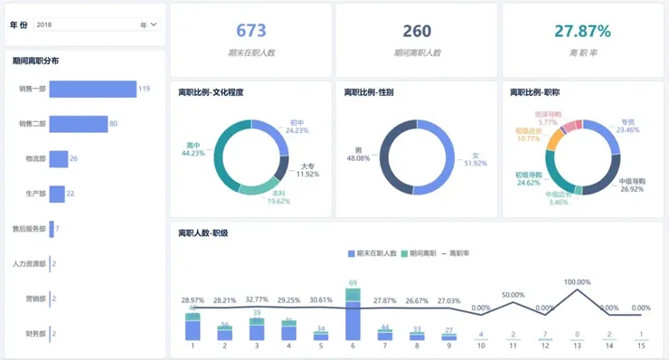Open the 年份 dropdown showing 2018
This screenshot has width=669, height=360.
click(x=97, y=24)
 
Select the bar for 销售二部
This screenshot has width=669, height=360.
click(x=78, y=123)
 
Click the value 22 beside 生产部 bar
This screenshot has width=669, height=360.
click(x=71, y=194)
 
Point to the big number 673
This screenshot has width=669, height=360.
click(x=250, y=31)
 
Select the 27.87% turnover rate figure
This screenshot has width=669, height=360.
click(x=582, y=31)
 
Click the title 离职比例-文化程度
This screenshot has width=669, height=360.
click(x=211, y=92)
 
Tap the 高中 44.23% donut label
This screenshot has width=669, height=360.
click(x=193, y=148)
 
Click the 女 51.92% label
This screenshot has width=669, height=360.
click(x=475, y=159)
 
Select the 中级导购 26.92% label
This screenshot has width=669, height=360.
click(x=631, y=185)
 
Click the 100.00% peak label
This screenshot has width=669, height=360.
click(x=577, y=282)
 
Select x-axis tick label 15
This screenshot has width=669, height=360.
click(x=640, y=346)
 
